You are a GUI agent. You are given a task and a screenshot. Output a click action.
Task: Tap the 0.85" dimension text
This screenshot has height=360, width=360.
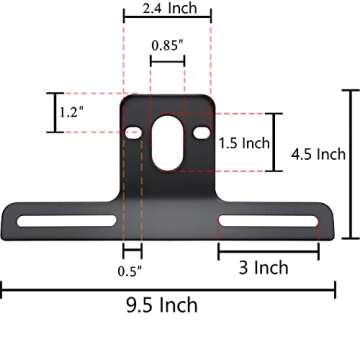[167, 45]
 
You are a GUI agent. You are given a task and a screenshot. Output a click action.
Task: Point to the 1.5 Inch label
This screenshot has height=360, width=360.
[245, 143]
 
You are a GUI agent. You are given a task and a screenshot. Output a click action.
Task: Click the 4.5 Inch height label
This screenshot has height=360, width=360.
[318, 154]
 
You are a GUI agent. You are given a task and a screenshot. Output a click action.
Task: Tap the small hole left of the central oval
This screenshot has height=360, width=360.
[134, 133]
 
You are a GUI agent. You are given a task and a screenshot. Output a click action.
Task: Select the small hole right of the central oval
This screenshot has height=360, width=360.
[202, 133]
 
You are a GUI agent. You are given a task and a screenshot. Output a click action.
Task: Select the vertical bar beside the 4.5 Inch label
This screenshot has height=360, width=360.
[350, 164]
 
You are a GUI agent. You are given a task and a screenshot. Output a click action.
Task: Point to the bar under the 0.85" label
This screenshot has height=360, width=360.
[167, 62]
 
